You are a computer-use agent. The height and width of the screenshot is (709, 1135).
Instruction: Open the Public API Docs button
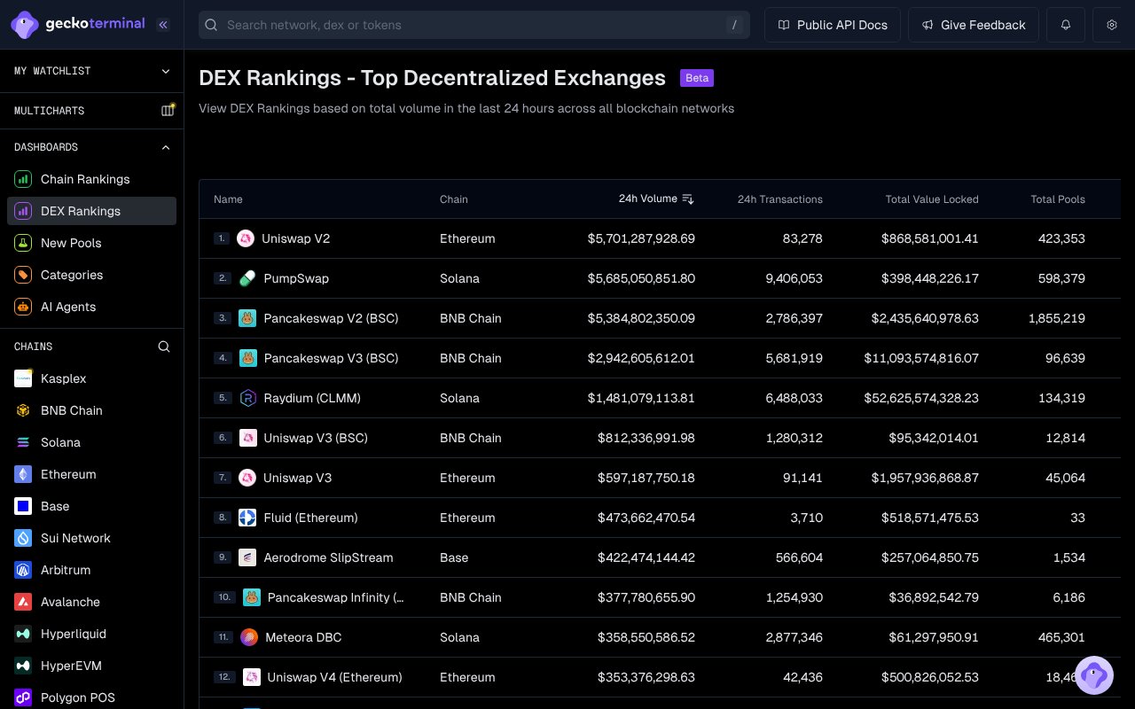pyautogui.click(x=833, y=25)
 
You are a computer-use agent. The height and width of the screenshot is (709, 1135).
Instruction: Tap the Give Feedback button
pyautogui.click(x=974, y=25)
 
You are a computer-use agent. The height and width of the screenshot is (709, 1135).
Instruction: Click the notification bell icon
pyautogui.click(x=1066, y=25)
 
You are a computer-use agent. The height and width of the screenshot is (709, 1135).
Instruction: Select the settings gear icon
pyautogui.click(x=1112, y=25)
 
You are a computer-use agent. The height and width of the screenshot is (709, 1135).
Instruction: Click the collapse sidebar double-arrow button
pyautogui.click(x=163, y=25)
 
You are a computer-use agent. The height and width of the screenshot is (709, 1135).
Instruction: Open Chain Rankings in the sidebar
pyautogui.click(x=85, y=179)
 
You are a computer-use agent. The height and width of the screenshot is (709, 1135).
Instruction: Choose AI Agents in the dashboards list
pyautogui.click(x=68, y=307)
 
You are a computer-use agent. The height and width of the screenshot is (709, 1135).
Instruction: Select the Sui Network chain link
pyautogui.click(x=75, y=538)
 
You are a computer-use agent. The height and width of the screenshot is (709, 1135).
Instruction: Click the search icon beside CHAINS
pyautogui.click(x=164, y=347)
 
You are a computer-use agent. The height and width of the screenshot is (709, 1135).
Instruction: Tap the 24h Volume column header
pyautogui.click(x=648, y=199)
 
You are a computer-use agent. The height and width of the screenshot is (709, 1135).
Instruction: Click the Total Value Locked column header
pyautogui.click(x=932, y=199)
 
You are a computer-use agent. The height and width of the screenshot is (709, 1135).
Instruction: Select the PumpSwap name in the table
pyautogui.click(x=296, y=278)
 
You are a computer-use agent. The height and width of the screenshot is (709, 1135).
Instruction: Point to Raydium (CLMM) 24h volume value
pyautogui.click(x=641, y=398)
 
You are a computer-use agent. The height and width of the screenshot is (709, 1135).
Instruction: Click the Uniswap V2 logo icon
pyautogui.click(x=246, y=238)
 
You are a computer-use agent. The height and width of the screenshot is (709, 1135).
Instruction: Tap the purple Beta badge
pyautogui.click(x=697, y=78)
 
